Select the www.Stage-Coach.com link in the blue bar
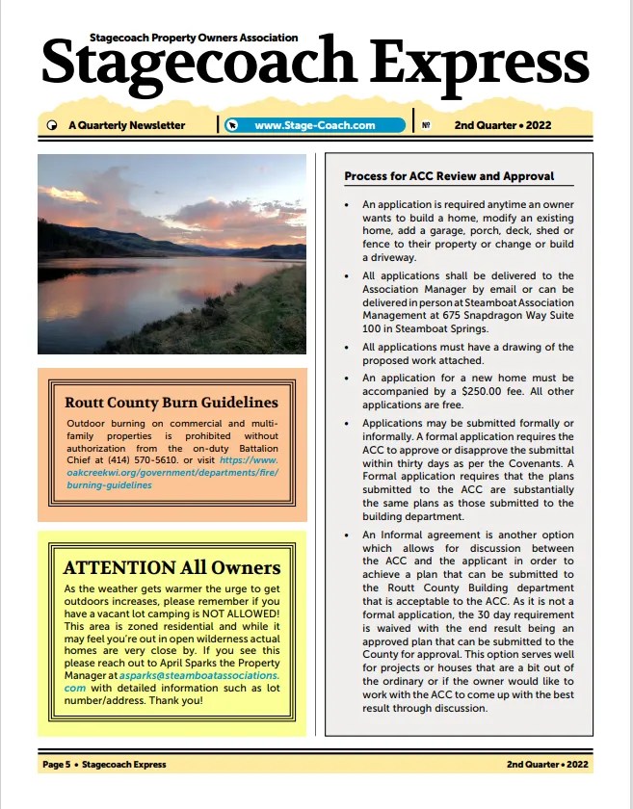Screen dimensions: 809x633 (x=314, y=125)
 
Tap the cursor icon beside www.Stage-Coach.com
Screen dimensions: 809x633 (x=231, y=125)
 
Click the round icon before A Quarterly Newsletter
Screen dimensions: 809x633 (x=51, y=125)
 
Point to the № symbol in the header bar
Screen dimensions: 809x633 (x=425, y=125)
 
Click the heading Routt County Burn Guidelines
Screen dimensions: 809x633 (x=171, y=403)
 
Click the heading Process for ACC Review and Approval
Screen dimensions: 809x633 (x=449, y=176)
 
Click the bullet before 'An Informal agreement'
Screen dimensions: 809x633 (x=346, y=535)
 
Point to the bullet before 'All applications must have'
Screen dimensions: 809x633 (x=346, y=348)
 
